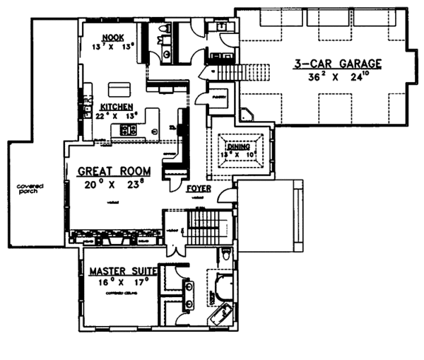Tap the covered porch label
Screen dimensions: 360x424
[x=30, y=189]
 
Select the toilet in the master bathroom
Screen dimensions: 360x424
[x=224, y=254]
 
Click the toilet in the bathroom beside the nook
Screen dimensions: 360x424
[x=165, y=29]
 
